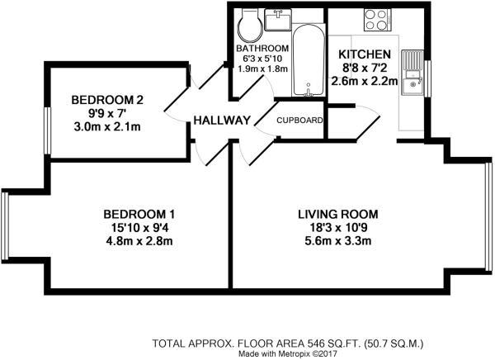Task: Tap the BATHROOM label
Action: pos(266,48)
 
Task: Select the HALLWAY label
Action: pos(221,121)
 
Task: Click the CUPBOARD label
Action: pos(299,121)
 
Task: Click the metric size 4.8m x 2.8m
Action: pos(138,241)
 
